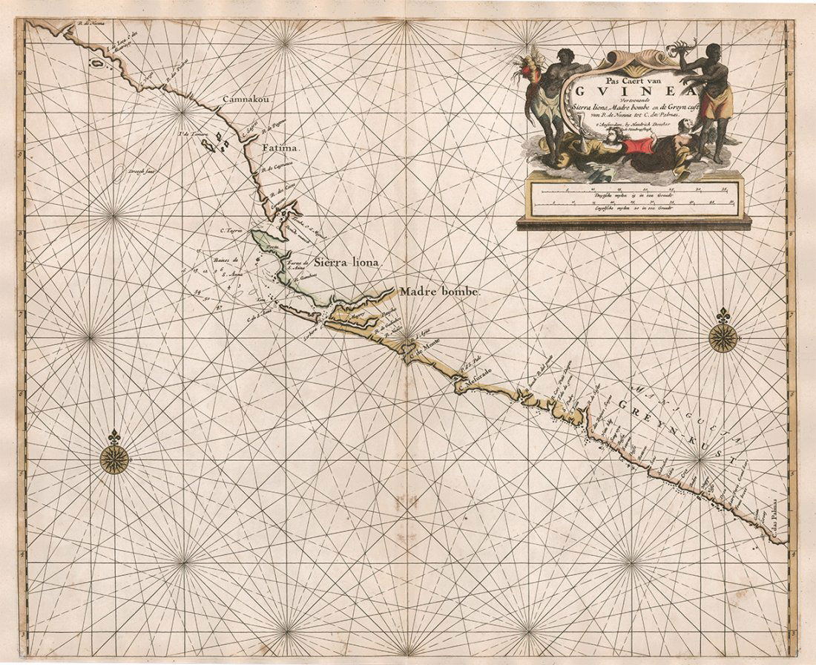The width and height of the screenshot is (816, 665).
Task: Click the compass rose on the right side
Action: coord(723,335)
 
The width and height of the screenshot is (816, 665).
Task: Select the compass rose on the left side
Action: coord(114,457)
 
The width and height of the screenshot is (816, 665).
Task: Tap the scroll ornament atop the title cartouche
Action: coord(636,59)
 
